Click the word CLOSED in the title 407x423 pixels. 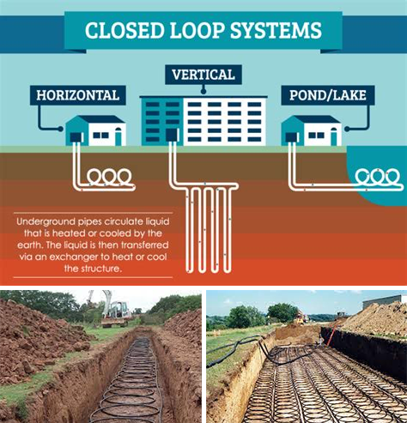point(125,30)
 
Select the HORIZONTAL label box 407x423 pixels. point(78,95)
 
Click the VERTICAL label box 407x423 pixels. point(203,75)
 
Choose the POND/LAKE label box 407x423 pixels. point(328,95)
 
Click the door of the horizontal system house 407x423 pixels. point(118,136)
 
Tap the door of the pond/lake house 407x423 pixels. point(334,136)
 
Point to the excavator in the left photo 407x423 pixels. point(113,311)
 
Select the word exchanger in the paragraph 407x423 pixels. point(76,257)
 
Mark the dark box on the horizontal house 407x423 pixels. point(76,137)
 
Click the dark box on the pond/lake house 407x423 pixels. point(291,137)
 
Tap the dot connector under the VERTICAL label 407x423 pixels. point(203,92)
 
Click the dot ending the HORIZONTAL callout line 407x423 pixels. point(60,129)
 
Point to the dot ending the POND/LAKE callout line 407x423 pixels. point(347,129)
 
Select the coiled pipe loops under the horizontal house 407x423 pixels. point(109,178)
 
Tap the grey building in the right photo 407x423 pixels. point(385,302)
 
